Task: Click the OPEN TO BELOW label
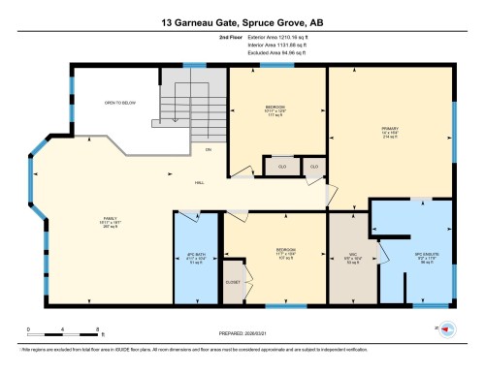point(119,102)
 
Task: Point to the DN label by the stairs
point(207,150)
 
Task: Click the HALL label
point(198,182)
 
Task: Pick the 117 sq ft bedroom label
point(275,109)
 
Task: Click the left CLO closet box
point(280,166)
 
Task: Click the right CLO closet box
point(314,166)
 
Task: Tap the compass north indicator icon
point(447,329)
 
